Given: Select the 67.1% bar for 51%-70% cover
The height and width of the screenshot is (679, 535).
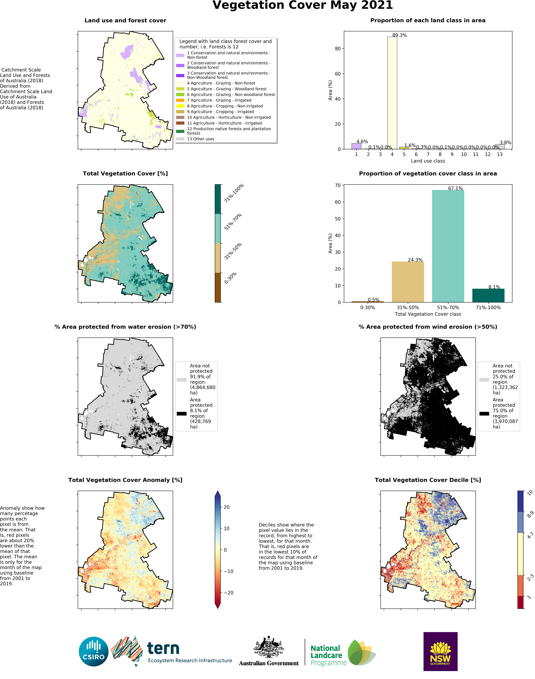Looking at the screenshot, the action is (448, 246).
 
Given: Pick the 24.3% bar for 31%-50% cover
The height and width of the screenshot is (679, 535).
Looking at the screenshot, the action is (408, 282).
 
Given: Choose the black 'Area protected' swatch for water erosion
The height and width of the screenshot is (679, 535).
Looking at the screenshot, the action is (182, 414).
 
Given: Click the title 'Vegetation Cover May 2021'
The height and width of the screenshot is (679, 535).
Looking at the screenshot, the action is (303, 5).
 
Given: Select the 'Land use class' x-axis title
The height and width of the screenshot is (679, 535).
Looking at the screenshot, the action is (428, 161).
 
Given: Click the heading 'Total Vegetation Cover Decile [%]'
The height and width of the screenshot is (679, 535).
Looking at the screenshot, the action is (428, 480).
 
